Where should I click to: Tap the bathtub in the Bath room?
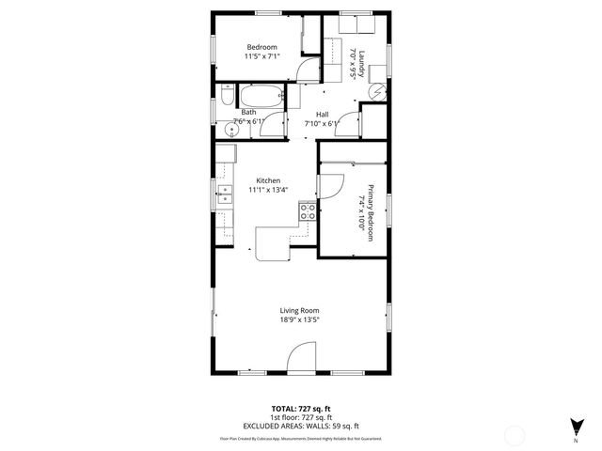(x=260, y=97)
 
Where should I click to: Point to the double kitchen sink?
(x=226, y=194)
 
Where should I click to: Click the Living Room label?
(x=300, y=311)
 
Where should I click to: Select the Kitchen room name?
(x=268, y=180)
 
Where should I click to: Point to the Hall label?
(x=322, y=115)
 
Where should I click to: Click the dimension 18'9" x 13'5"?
(x=300, y=320)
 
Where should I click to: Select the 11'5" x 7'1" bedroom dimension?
(x=262, y=56)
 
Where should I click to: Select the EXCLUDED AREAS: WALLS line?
(x=300, y=426)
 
